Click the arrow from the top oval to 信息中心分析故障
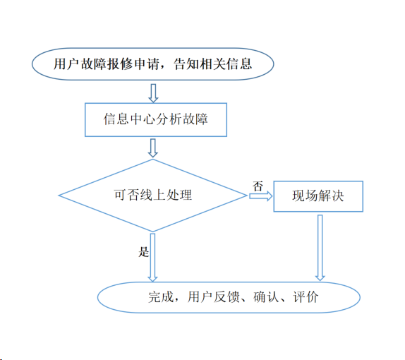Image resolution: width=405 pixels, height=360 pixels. coord(153,93)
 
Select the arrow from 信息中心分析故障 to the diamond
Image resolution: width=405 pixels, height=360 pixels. coord(153,148)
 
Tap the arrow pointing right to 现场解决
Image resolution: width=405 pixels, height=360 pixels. coord(260,196)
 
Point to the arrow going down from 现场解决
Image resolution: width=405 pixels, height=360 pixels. coord(320,248)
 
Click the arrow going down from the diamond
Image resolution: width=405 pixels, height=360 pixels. coord(152,258)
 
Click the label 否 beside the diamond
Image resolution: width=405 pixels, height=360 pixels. coord(258,186)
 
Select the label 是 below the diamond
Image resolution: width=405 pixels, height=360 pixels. coord(144,252)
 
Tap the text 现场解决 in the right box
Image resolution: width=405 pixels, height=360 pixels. coord(318,196)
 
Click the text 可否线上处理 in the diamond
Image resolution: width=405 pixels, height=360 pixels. coord(153,195)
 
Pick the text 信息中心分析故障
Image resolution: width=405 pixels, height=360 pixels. coord(156,119)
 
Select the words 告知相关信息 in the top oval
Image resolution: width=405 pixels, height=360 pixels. coord(212,64)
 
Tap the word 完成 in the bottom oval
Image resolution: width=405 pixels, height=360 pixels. coord(161,297)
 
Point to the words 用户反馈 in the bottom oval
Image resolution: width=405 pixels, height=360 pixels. coord(214,297)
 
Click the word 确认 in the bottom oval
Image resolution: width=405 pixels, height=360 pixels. coord(266,297)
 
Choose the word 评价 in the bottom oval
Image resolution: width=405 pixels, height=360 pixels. coord(306,297)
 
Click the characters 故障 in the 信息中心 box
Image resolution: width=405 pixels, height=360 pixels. coord(195,119)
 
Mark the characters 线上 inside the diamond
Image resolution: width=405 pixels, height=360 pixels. coord(153,195)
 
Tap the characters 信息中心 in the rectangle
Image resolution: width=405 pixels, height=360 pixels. coord(129,119)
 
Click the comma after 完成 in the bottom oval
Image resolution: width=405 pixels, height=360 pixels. coord(176,300)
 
